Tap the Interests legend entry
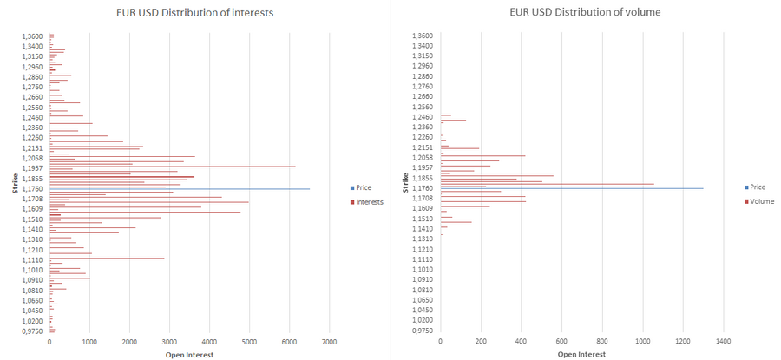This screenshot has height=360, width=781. (x=369, y=201)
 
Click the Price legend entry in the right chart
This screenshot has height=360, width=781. (x=757, y=187)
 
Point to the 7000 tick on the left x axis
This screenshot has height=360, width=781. (x=330, y=344)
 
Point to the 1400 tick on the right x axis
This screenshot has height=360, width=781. (x=724, y=344)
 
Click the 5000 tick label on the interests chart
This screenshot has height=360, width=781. (x=250, y=344)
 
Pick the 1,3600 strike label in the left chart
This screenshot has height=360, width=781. (x=32, y=36)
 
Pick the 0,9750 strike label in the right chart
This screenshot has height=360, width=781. (x=422, y=331)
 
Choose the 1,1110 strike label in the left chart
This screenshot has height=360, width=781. (x=32, y=259)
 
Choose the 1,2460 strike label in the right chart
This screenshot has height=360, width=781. (x=422, y=117)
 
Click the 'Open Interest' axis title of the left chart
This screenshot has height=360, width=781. (x=189, y=354)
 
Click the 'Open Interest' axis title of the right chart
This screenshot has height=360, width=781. (x=581, y=354)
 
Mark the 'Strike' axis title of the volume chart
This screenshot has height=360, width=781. (x=405, y=182)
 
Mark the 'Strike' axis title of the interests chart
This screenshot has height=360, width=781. (x=15, y=182)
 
